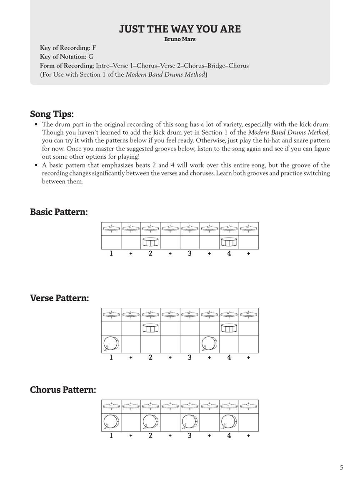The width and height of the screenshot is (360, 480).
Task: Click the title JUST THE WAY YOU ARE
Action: point(180,29)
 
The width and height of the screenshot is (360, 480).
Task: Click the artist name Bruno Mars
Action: point(180,40)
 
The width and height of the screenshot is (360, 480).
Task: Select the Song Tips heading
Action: point(52,114)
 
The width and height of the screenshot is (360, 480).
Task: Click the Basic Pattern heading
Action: point(59,212)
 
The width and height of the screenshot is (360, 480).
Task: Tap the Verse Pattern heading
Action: point(59,298)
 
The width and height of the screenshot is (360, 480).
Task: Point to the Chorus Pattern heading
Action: point(63,390)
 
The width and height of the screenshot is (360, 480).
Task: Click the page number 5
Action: point(342,467)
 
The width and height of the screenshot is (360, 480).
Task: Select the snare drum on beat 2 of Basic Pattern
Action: point(150,242)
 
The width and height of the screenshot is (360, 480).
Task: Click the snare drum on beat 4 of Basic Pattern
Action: point(229,242)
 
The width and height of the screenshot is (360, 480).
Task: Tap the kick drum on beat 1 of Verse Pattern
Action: point(111,344)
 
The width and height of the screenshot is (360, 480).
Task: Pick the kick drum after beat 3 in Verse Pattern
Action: point(209,344)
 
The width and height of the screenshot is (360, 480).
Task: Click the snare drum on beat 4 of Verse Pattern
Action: point(229,328)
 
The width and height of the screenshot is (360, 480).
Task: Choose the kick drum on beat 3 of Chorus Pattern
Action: point(190,422)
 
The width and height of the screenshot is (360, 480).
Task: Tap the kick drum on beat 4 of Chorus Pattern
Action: point(229,422)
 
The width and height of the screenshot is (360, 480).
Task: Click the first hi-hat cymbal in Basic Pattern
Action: point(111,228)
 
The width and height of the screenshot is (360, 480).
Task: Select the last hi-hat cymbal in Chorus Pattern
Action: point(248,406)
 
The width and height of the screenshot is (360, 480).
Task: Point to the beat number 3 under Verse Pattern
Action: point(190,357)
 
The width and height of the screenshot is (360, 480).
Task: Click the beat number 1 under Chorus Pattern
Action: point(111,436)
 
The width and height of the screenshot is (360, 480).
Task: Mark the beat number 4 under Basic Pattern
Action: point(229,253)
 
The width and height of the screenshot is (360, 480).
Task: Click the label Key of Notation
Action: point(63,57)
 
